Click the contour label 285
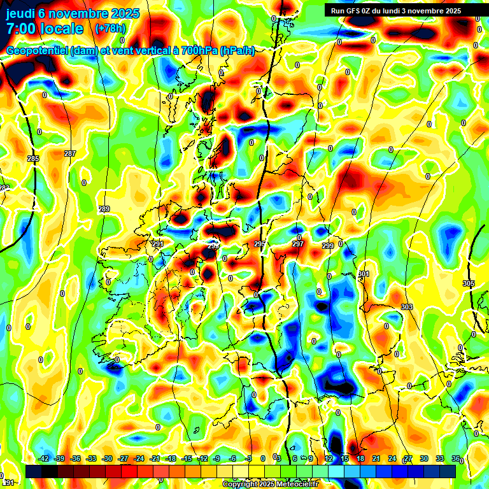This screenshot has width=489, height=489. coord(33,159)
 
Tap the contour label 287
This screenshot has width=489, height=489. coord(70,153)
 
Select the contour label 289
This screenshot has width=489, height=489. coord(104,209)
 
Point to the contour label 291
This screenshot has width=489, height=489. coord(158,244)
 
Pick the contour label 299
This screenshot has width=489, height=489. coord(328,246)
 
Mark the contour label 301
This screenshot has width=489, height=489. coord(364,274)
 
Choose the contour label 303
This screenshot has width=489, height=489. coord(407,308)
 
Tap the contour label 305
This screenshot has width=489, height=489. coord(469,283)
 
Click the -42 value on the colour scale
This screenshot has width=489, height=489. coord(44,458)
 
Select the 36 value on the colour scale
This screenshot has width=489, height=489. coord(456,458)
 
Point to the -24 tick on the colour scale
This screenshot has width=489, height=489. coord(138,458)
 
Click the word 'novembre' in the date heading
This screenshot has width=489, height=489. coord(77,13)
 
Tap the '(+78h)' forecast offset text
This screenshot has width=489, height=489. coord(110,29)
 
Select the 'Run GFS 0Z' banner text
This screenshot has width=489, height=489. coord(354,11)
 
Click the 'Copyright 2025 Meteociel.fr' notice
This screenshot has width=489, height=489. coord(270,484)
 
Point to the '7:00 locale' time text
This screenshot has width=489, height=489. coord(45,29)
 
